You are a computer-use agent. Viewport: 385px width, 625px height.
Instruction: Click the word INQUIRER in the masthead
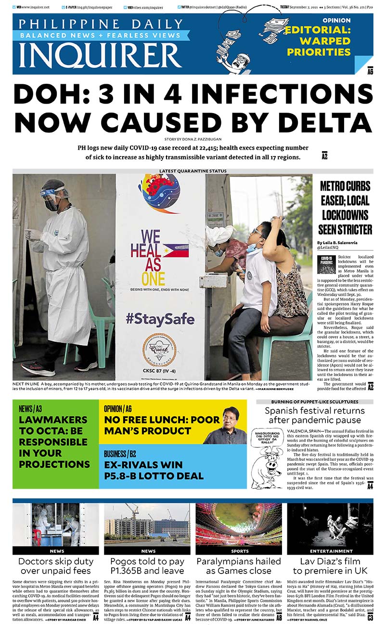coord(101,56)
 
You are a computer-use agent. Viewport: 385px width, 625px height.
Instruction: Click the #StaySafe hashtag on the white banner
coord(161,319)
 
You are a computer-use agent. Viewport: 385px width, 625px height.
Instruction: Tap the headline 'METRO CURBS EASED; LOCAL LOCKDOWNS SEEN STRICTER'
coord(345,208)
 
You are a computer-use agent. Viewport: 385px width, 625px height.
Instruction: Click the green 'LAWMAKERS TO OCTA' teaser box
coord(55,443)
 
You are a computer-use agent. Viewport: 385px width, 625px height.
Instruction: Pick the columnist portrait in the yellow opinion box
coord(226,426)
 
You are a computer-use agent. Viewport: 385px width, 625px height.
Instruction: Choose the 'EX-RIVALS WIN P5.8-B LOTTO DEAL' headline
coord(154,470)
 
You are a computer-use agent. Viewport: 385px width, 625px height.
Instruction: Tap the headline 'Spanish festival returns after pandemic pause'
coord(315,417)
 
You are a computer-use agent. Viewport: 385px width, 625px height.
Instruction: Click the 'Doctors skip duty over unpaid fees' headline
coord(56,566)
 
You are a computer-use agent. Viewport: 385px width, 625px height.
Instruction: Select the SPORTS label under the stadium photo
coord(240,551)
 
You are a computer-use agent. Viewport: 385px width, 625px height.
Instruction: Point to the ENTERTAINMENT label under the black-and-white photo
coord(331,551)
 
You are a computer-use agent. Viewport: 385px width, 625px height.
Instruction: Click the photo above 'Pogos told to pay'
coord(147,525)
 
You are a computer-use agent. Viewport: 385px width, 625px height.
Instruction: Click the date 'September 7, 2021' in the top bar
coord(307,7)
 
